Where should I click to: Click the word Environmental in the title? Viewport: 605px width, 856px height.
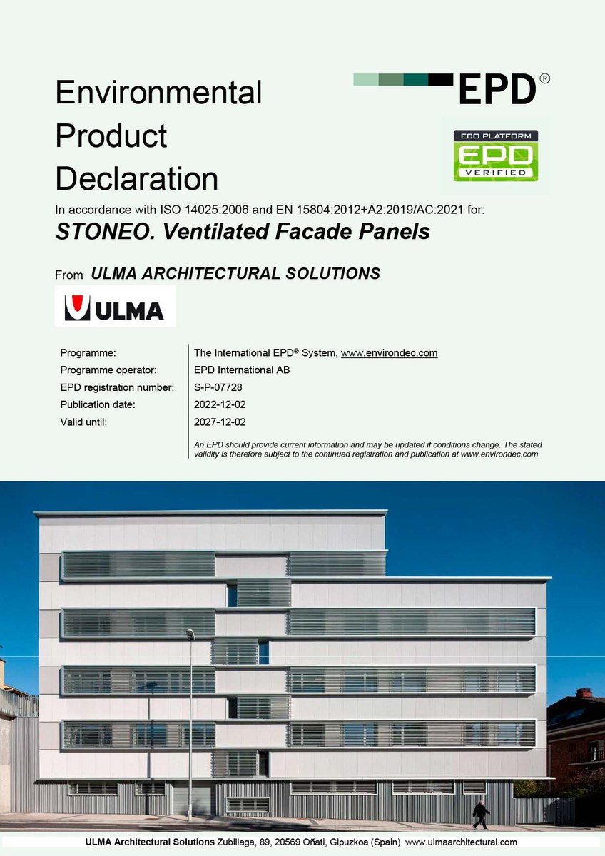pyautogui.click(x=158, y=93)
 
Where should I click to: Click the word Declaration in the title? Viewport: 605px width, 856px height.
pyautogui.click(x=137, y=178)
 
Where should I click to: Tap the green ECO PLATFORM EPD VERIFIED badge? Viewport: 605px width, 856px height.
pyautogui.click(x=497, y=155)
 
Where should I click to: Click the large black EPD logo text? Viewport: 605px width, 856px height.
pyautogui.click(x=497, y=89)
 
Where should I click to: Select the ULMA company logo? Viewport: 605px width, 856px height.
pyautogui.click(x=115, y=307)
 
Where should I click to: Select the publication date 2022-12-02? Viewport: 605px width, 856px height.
pyautogui.click(x=220, y=404)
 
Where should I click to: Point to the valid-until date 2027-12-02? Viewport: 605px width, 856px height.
pyautogui.click(x=220, y=422)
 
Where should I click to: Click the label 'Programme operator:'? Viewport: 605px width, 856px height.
pyautogui.click(x=108, y=370)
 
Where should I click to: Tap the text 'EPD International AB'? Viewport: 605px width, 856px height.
pyautogui.click(x=242, y=370)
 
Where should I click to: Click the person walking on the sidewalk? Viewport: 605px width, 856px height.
pyautogui.click(x=481, y=814)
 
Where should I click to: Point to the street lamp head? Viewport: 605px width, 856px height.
pyautogui.click(x=190, y=633)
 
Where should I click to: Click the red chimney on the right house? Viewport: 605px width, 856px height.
pyautogui.click(x=584, y=693)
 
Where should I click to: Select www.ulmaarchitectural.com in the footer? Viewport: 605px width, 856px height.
pyautogui.click(x=461, y=842)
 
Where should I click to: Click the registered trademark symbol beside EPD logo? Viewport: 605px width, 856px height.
pyautogui.click(x=545, y=79)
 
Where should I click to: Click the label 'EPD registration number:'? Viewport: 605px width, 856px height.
pyautogui.click(x=117, y=387)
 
